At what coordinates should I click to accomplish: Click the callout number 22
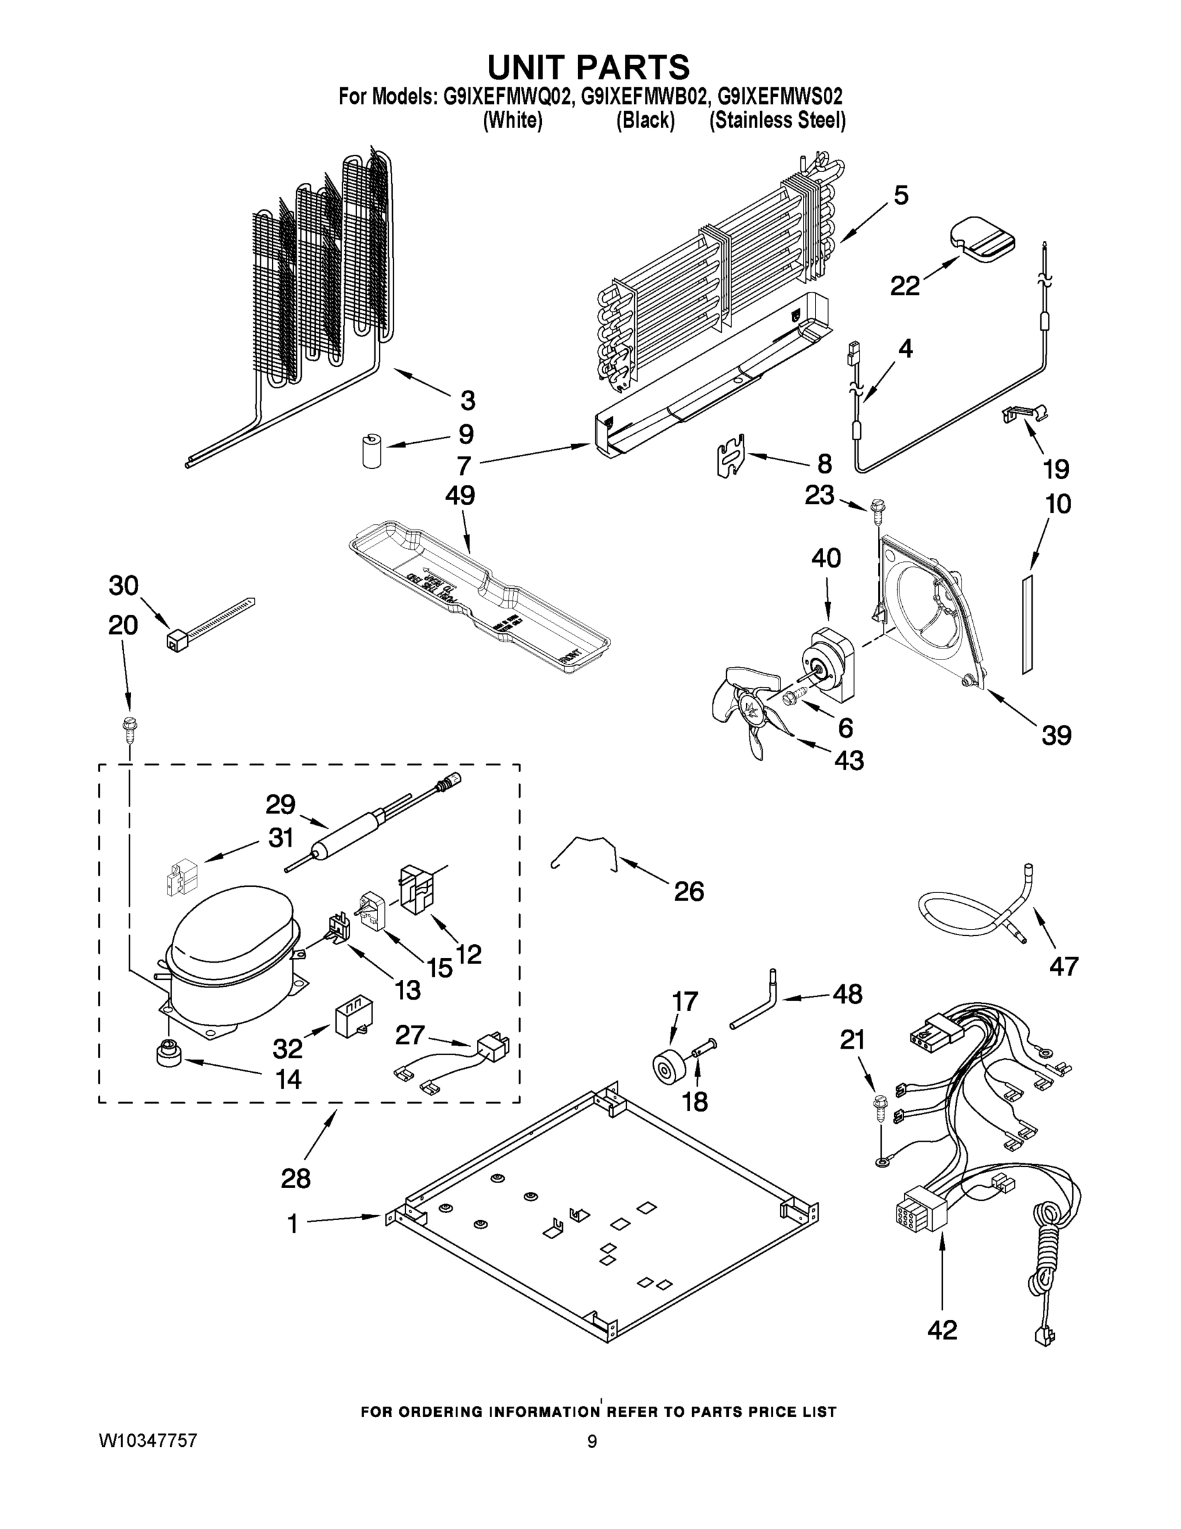[905, 285]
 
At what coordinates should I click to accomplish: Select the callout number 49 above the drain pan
[460, 496]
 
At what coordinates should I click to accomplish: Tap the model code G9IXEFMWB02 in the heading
[642, 96]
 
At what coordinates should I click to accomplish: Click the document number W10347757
[148, 1440]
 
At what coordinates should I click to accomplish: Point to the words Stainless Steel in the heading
[777, 121]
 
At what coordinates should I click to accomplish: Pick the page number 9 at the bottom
[592, 1442]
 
